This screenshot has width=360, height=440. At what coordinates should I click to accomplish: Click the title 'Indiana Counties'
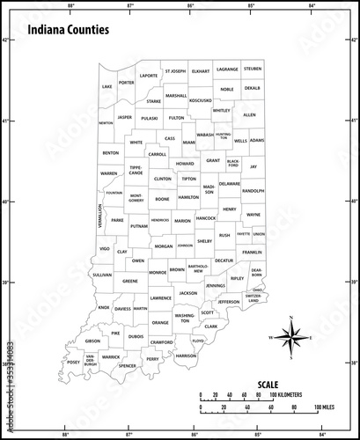[x=69, y=29]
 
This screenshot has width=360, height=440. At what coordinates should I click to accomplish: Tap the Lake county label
[x=107, y=87]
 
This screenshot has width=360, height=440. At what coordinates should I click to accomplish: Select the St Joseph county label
[x=173, y=70]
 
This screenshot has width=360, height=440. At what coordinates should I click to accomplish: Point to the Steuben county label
[x=253, y=68]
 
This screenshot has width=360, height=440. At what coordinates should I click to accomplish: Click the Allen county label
[x=249, y=114]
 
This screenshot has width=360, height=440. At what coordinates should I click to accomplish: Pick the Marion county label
[x=182, y=221]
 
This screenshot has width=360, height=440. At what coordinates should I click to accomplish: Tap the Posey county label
[x=73, y=362]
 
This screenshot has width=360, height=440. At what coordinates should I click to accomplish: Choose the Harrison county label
[x=186, y=356]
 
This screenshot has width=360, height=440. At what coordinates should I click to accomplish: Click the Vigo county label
[x=105, y=250]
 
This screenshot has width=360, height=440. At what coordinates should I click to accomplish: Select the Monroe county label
[x=158, y=273]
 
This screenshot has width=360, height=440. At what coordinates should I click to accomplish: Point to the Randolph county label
[x=253, y=190]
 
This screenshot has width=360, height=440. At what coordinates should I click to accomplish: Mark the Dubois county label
[x=136, y=336]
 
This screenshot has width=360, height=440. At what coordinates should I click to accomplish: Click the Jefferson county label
[x=228, y=302]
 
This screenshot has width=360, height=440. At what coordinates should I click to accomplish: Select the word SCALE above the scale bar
[x=269, y=384]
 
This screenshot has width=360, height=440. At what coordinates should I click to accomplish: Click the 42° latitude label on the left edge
[x=5, y=40]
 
